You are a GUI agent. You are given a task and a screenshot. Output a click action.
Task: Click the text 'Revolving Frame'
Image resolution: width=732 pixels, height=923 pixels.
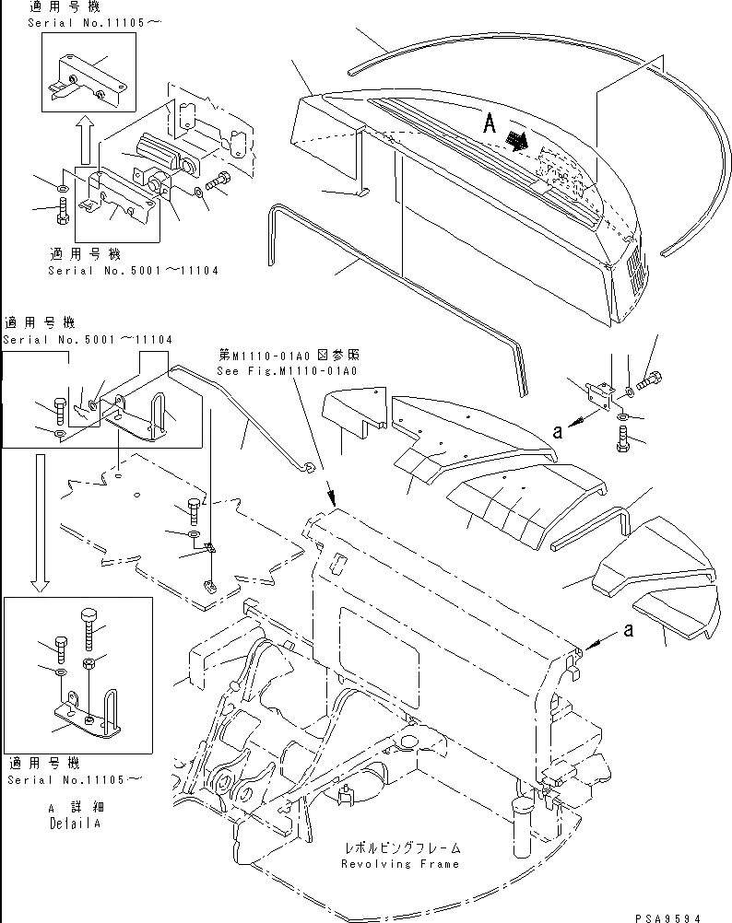(399, 864)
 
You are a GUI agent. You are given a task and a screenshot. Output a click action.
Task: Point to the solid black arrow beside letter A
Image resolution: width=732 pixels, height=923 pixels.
(518, 140)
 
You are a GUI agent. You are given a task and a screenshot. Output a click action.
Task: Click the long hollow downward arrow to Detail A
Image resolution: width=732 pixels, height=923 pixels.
(38, 520)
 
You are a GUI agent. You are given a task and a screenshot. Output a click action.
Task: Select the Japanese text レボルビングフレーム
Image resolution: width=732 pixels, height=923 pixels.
(399, 847)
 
